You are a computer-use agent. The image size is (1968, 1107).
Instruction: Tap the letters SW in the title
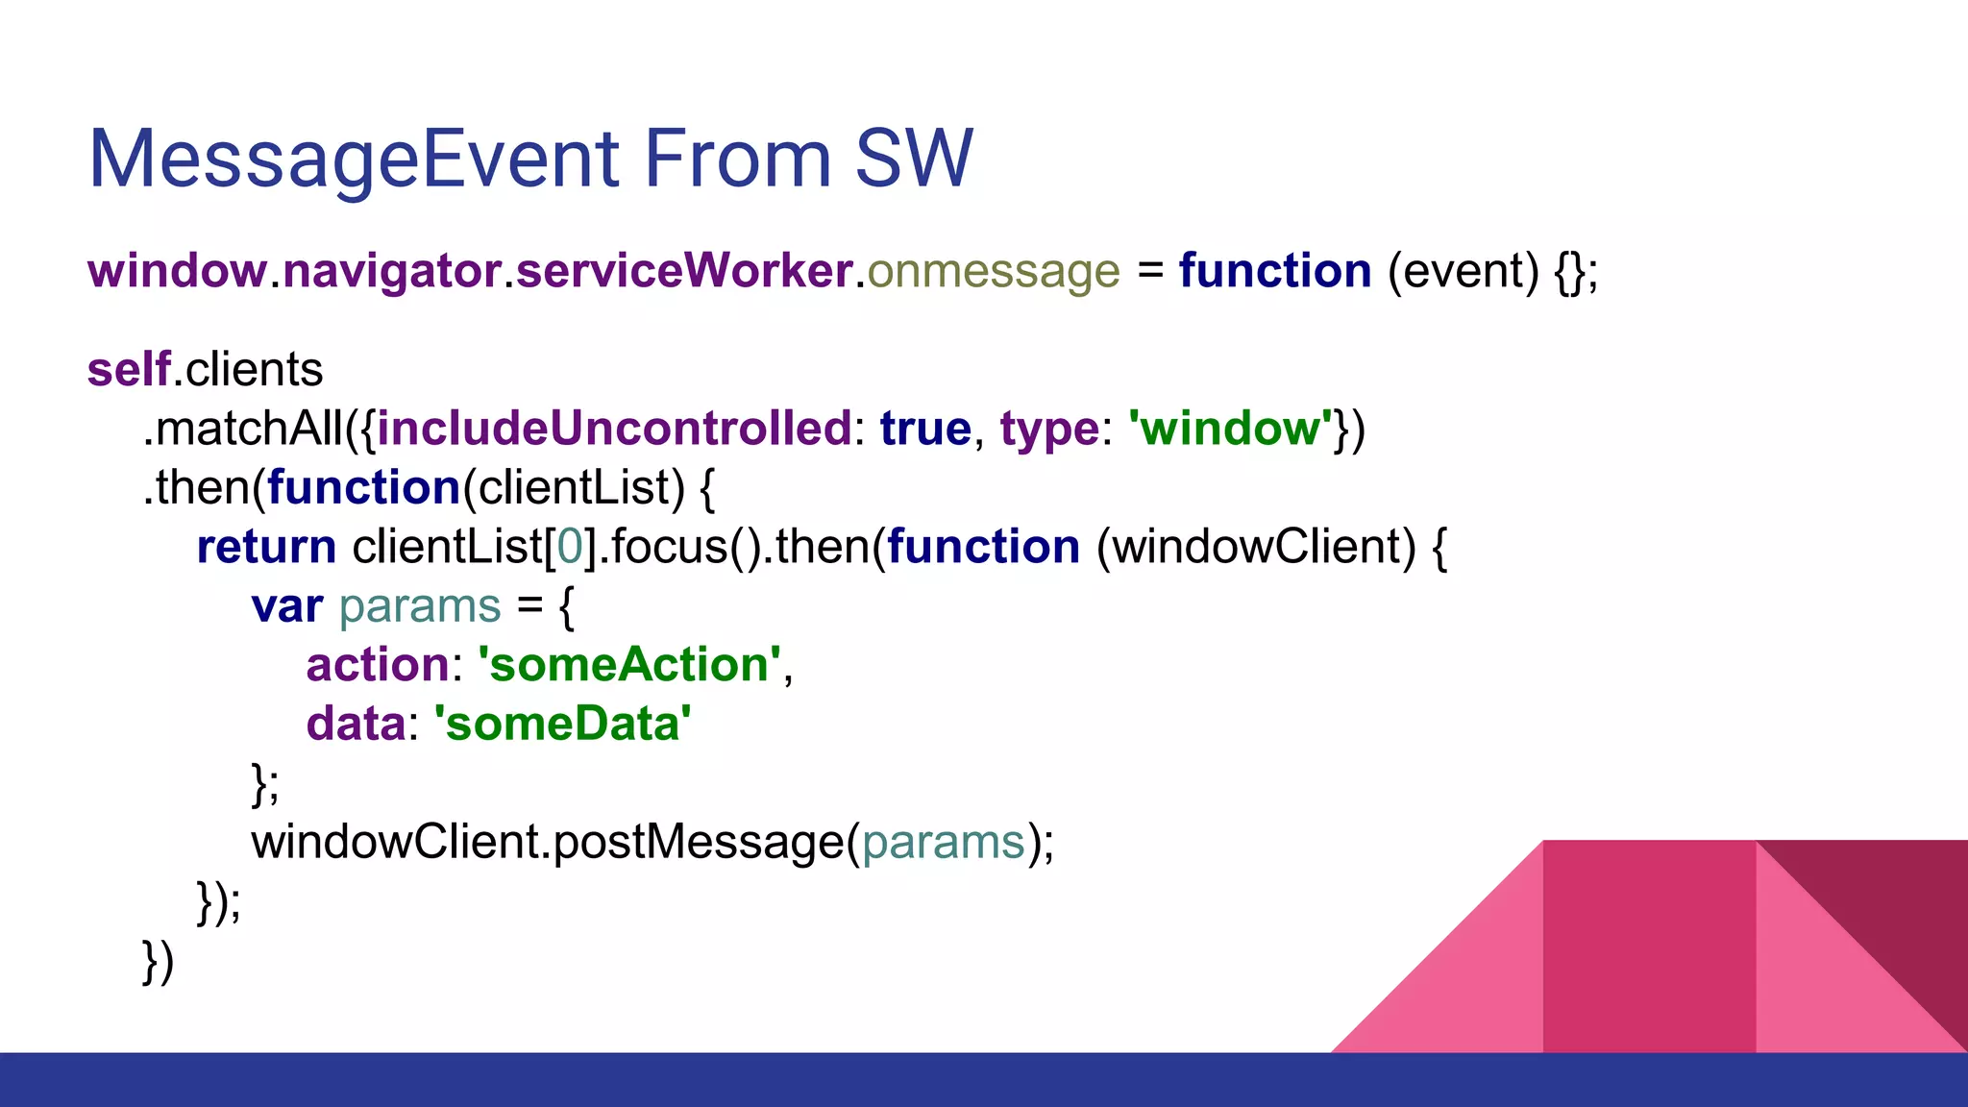pos(914,159)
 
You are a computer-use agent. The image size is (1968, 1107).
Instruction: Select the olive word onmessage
pos(994,271)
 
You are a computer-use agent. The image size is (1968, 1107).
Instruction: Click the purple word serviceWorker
pos(684,271)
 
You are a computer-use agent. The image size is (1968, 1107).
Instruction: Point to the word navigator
pos(392,271)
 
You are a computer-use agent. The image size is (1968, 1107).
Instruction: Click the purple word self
pos(129,370)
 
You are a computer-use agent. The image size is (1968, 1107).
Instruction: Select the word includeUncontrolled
pos(614,429)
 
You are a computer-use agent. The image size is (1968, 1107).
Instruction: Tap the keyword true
pos(925,429)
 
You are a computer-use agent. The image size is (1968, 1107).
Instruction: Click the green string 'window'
pos(1230,429)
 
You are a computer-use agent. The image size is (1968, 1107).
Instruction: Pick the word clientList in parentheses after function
pos(574,488)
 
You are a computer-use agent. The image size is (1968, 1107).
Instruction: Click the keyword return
pos(266,547)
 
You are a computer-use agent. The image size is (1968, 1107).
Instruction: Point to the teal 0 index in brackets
pos(570,547)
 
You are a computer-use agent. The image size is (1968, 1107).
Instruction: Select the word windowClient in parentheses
pos(1256,547)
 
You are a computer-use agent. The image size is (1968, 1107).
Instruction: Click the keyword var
pos(286,606)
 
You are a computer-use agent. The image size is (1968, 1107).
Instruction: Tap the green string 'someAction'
pos(629,665)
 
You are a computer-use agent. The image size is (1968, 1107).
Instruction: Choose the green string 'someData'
pos(562,725)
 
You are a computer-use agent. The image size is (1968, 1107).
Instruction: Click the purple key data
pos(355,725)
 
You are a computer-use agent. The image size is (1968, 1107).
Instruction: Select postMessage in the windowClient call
pos(699,843)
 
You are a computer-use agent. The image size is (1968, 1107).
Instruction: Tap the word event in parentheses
pos(1463,271)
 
